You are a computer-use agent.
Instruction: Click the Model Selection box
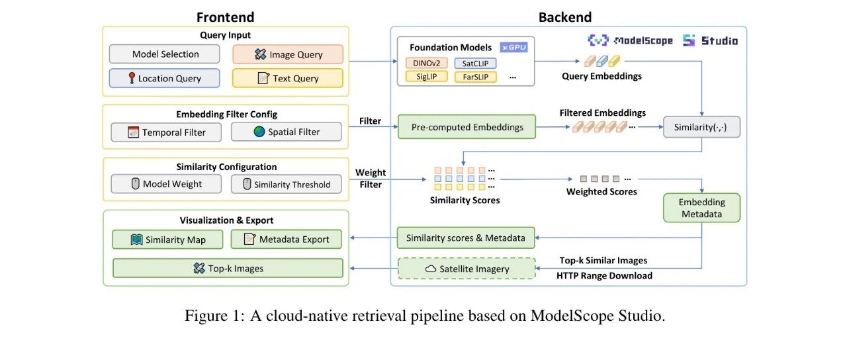(x=165, y=54)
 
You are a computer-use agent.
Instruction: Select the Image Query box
(x=288, y=54)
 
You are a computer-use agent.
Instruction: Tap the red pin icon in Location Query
(x=132, y=78)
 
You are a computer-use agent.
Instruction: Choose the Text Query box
(x=288, y=78)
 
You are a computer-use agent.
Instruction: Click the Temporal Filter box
(x=166, y=132)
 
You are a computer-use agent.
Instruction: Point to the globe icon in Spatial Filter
(x=259, y=132)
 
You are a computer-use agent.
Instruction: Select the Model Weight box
(x=166, y=184)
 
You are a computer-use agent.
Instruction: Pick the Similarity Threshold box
(x=287, y=184)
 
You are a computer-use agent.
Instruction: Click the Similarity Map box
(x=167, y=240)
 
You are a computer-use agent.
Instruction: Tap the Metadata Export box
(x=287, y=239)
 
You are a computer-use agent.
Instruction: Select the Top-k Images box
(x=228, y=268)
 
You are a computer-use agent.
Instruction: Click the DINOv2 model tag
(x=427, y=63)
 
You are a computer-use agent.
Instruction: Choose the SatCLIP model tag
(x=475, y=64)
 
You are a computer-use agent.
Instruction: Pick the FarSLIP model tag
(x=475, y=77)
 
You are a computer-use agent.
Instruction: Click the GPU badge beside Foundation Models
(x=513, y=47)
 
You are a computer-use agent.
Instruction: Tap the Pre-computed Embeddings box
(x=467, y=126)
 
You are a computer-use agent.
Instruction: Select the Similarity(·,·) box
(x=702, y=127)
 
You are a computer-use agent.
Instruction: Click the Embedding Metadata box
(x=702, y=208)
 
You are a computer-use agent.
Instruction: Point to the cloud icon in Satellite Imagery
(x=431, y=269)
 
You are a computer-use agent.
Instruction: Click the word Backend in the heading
(x=565, y=17)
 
